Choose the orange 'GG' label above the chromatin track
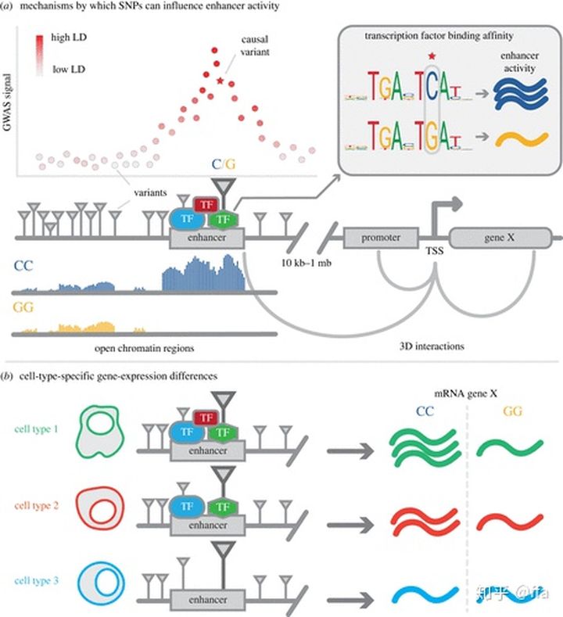pos(23,308)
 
